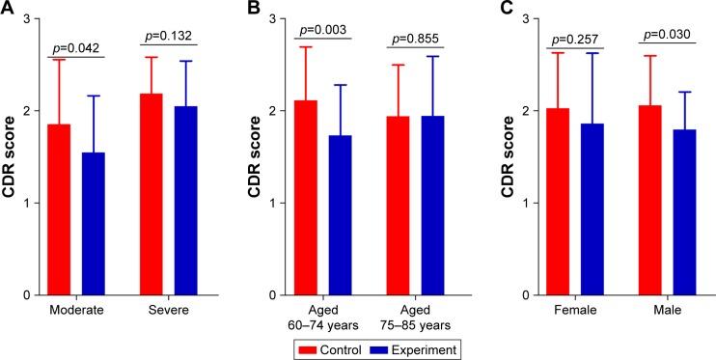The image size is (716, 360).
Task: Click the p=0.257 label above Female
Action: point(575,41)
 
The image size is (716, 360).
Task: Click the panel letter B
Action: point(254,9)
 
